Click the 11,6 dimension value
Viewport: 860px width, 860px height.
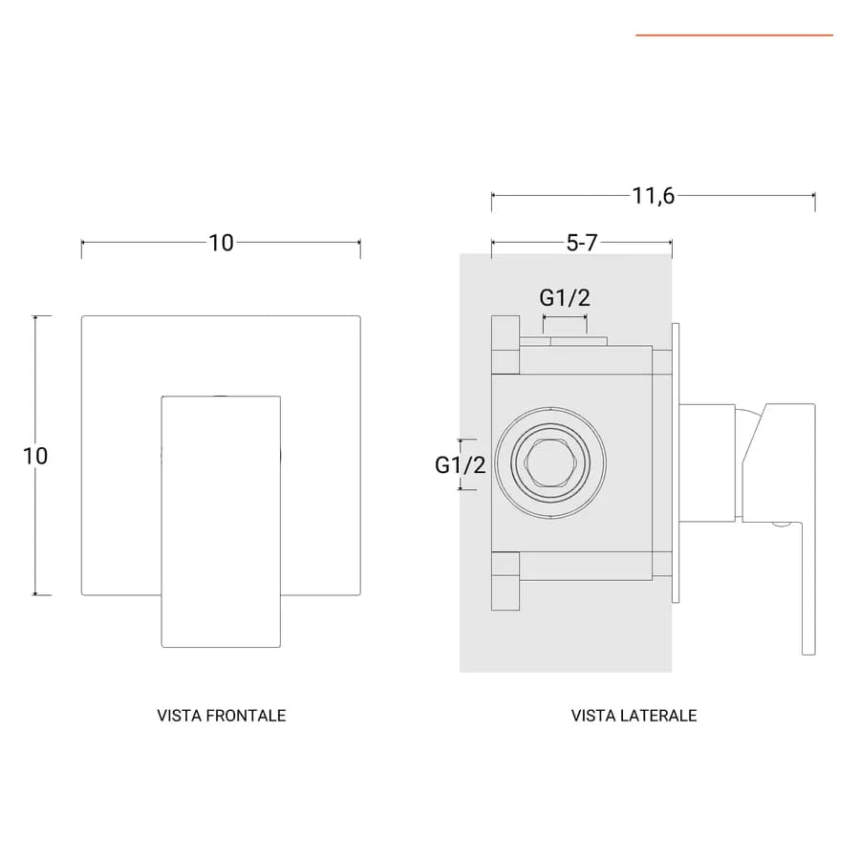click(x=654, y=195)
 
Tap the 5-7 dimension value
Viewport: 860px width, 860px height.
click(x=581, y=243)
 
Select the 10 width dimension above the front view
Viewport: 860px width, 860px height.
click(x=221, y=243)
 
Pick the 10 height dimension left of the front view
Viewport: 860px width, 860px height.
click(x=35, y=456)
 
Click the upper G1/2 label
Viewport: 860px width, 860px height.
click(x=565, y=298)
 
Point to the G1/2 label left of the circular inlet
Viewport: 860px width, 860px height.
click(x=461, y=465)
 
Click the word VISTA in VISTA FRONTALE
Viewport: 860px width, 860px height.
click(x=173, y=716)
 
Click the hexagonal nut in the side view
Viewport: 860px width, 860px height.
click(x=550, y=462)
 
